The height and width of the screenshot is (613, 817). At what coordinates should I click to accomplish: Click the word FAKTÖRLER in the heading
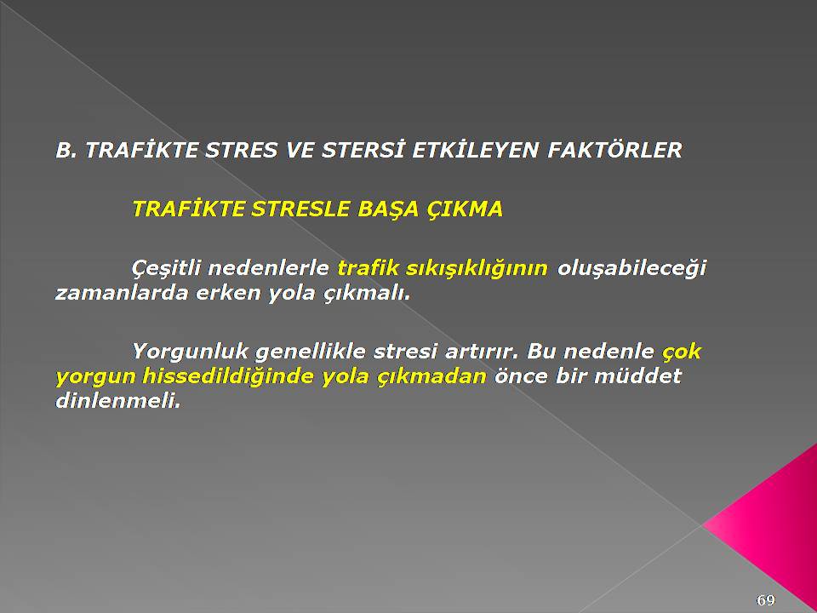[614, 150]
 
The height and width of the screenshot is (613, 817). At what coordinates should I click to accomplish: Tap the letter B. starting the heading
[66, 151]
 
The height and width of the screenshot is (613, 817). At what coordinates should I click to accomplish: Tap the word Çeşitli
[166, 268]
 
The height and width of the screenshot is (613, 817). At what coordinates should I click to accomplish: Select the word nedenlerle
[269, 268]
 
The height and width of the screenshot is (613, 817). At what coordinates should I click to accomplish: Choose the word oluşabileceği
[631, 269]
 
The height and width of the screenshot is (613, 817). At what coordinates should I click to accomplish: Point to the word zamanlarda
[122, 293]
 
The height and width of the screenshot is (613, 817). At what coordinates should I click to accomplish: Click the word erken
[227, 293]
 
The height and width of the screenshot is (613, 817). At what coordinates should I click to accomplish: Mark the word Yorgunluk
[190, 352]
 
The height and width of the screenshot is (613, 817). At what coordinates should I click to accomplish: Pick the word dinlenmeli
[117, 401]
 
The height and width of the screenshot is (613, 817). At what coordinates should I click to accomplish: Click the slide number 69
[765, 600]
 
